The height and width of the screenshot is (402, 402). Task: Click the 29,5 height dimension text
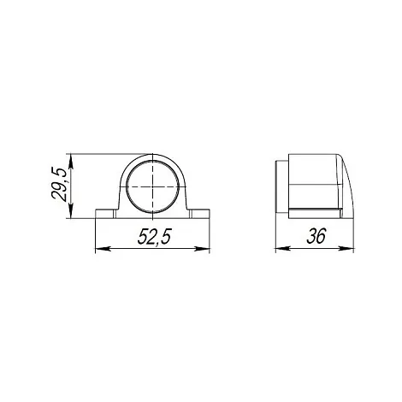pyautogui.click(x=59, y=184)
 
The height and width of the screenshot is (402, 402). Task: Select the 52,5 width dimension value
pyautogui.click(x=154, y=237)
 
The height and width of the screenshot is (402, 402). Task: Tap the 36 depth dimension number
pyautogui.click(x=316, y=236)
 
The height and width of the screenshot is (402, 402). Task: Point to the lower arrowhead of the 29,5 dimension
pyautogui.click(x=71, y=211)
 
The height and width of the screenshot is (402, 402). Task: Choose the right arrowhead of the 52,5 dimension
pyautogui.click(x=202, y=249)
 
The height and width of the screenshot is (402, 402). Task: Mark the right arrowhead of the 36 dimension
pyautogui.click(x=346, y=249)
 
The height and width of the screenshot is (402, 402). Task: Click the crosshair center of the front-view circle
pyautogui.click(x=153, y=186)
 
